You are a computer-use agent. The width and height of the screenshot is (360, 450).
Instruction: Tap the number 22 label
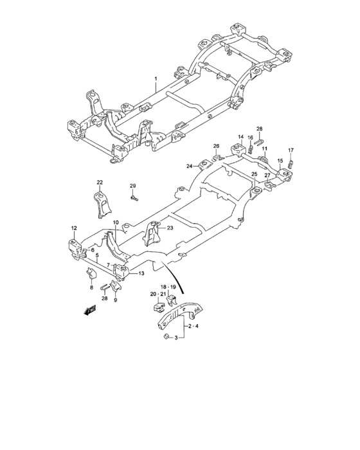pos(100,183)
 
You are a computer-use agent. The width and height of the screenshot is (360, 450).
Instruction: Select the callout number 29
pos(133,186)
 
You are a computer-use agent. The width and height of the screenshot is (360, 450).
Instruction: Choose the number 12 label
pos(74,228)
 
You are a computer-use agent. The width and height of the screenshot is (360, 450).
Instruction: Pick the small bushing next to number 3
pos(165,336)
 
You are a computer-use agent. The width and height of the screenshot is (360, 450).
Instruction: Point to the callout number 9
pos(115,300)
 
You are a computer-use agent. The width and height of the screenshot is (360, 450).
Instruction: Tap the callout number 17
pos(291,150)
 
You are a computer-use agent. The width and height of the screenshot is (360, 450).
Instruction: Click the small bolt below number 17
pos(291,163)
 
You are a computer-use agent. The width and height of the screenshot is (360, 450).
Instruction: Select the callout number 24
pos(190,166)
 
